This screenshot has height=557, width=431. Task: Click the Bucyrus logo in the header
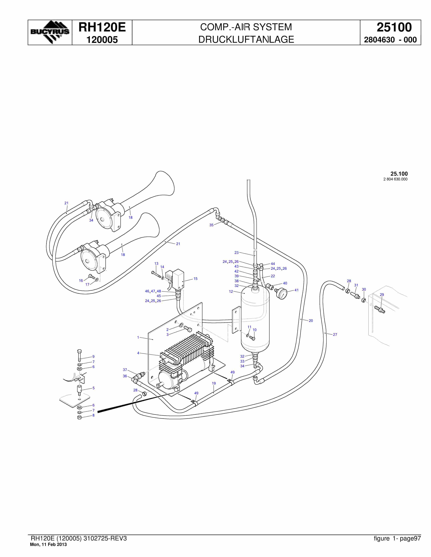[50, 32]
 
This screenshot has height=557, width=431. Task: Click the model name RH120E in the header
[102, 27]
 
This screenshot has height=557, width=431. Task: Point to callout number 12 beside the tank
[231, 292]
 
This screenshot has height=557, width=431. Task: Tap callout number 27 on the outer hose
[335, 334]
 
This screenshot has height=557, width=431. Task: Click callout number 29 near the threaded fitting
[382, 294]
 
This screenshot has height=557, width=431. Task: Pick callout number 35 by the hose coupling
[211, 225]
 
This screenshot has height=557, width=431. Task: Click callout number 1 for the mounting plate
[138, 337]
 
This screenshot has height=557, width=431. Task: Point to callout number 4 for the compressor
[138, 353]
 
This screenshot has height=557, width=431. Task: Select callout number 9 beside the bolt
[93, 357]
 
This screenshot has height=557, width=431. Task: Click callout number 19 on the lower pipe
[214, 383]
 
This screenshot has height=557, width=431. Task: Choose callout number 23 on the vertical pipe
[236, 252]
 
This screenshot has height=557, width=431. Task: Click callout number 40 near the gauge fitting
[285, 283]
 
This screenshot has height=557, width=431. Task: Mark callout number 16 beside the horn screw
[81, 281]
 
